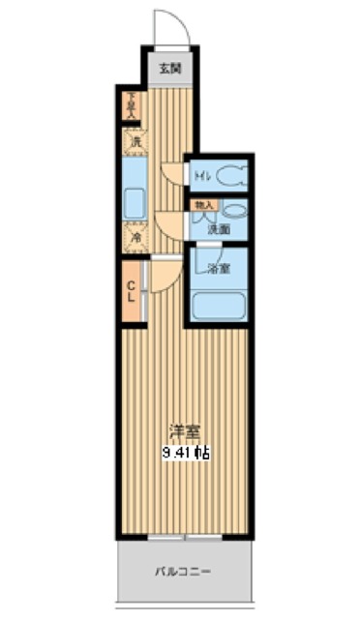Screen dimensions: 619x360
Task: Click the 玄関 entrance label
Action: [170, 69]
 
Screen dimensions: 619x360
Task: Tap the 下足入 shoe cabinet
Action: [132, 103]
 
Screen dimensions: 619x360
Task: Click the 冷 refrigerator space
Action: [134, 235]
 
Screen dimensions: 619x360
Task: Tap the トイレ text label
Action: [201, 176]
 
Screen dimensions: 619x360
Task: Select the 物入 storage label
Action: [203, 206]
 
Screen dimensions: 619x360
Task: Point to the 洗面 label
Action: [218, 228]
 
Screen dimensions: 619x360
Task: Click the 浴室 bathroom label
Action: [219, 268]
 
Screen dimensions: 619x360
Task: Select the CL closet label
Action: [132, 289]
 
